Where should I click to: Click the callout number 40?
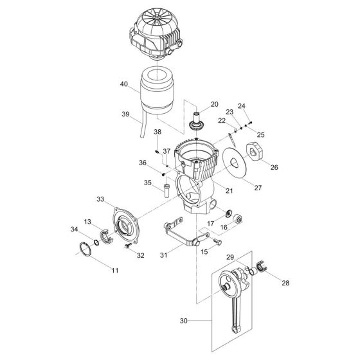click(123, 84)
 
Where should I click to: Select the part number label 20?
click(214, 103)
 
